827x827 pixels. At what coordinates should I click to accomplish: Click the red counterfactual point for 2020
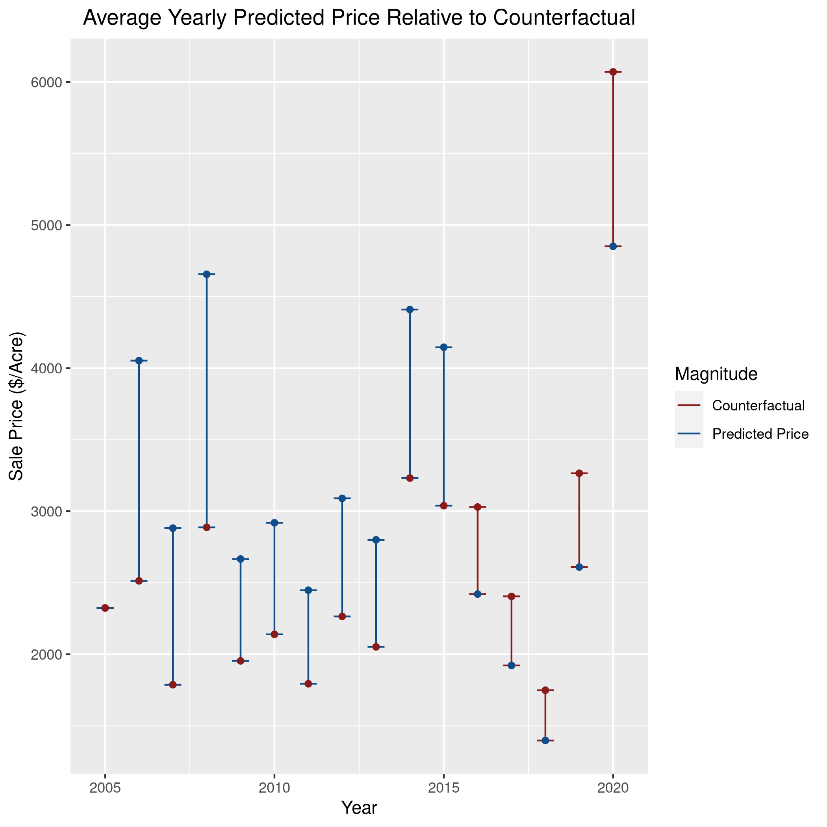pos(613,72)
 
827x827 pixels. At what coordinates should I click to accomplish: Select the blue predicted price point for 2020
pos(613,246)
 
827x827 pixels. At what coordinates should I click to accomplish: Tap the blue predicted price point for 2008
pos(206,274)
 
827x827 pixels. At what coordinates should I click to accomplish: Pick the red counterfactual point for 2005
pos(105,608)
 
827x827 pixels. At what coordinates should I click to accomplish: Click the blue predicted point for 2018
pos(545,740)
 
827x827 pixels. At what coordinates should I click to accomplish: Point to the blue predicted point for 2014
pos(410,310)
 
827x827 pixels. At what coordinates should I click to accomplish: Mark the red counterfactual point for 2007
pos(172,685)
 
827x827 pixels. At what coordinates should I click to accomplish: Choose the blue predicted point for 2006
pos(139,360)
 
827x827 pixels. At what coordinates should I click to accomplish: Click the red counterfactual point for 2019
pos(579,473)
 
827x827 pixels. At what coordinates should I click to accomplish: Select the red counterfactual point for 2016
pos(478,507)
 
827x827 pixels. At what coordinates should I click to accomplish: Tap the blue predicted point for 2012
pos(342,498)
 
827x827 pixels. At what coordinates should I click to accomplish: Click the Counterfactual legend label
pos(758,405)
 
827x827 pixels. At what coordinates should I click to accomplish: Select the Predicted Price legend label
pos(760,434)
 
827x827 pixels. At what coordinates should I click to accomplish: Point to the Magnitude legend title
pos(716,374)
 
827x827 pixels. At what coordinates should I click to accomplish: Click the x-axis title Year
pos(359,808)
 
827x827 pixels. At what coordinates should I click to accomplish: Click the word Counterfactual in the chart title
pos(564,18)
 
